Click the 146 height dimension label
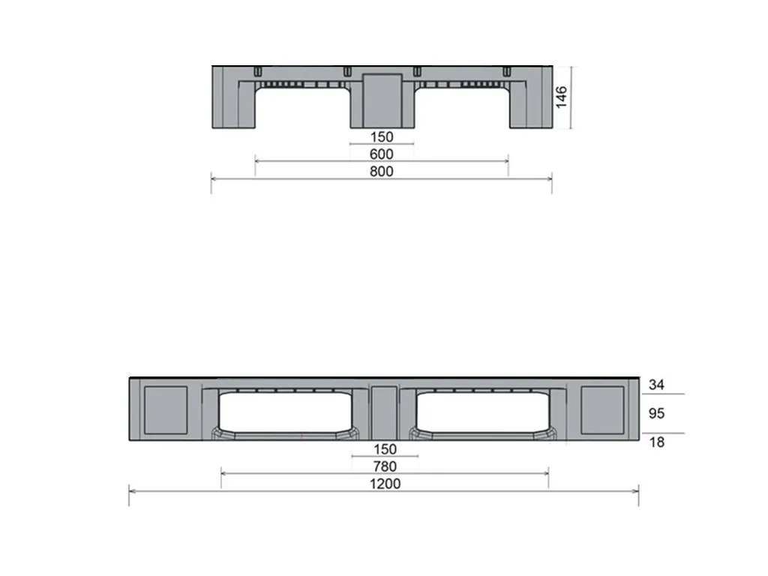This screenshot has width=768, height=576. (561, 97)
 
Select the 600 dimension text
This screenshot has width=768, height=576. (381, 154)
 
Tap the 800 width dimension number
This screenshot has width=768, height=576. (381, 172)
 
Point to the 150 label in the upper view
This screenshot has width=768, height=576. (381, 136)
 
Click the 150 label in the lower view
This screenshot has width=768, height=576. (385, 449)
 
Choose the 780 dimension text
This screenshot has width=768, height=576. (385, 466)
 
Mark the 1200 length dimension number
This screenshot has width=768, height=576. (385, 484)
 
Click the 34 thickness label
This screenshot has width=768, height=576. (656, 385)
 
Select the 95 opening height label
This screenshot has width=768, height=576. (656, 413)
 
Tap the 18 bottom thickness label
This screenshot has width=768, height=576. (656, 442)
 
